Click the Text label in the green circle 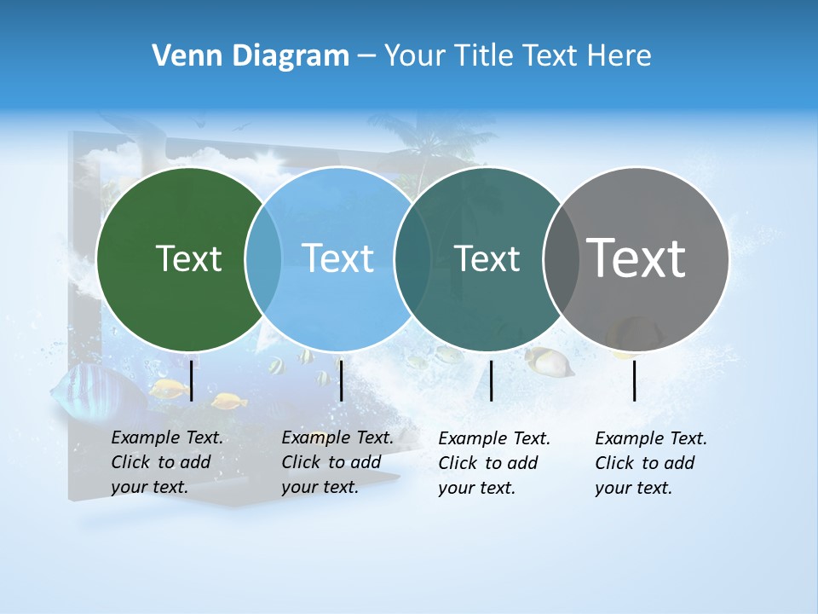188,258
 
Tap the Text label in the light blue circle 337,258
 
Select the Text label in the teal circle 487,258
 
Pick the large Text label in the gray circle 637,258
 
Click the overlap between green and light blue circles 263,258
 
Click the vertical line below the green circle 192,380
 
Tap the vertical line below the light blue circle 341,380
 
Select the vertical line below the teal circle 491,380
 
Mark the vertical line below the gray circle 635,380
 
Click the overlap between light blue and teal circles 412,258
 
